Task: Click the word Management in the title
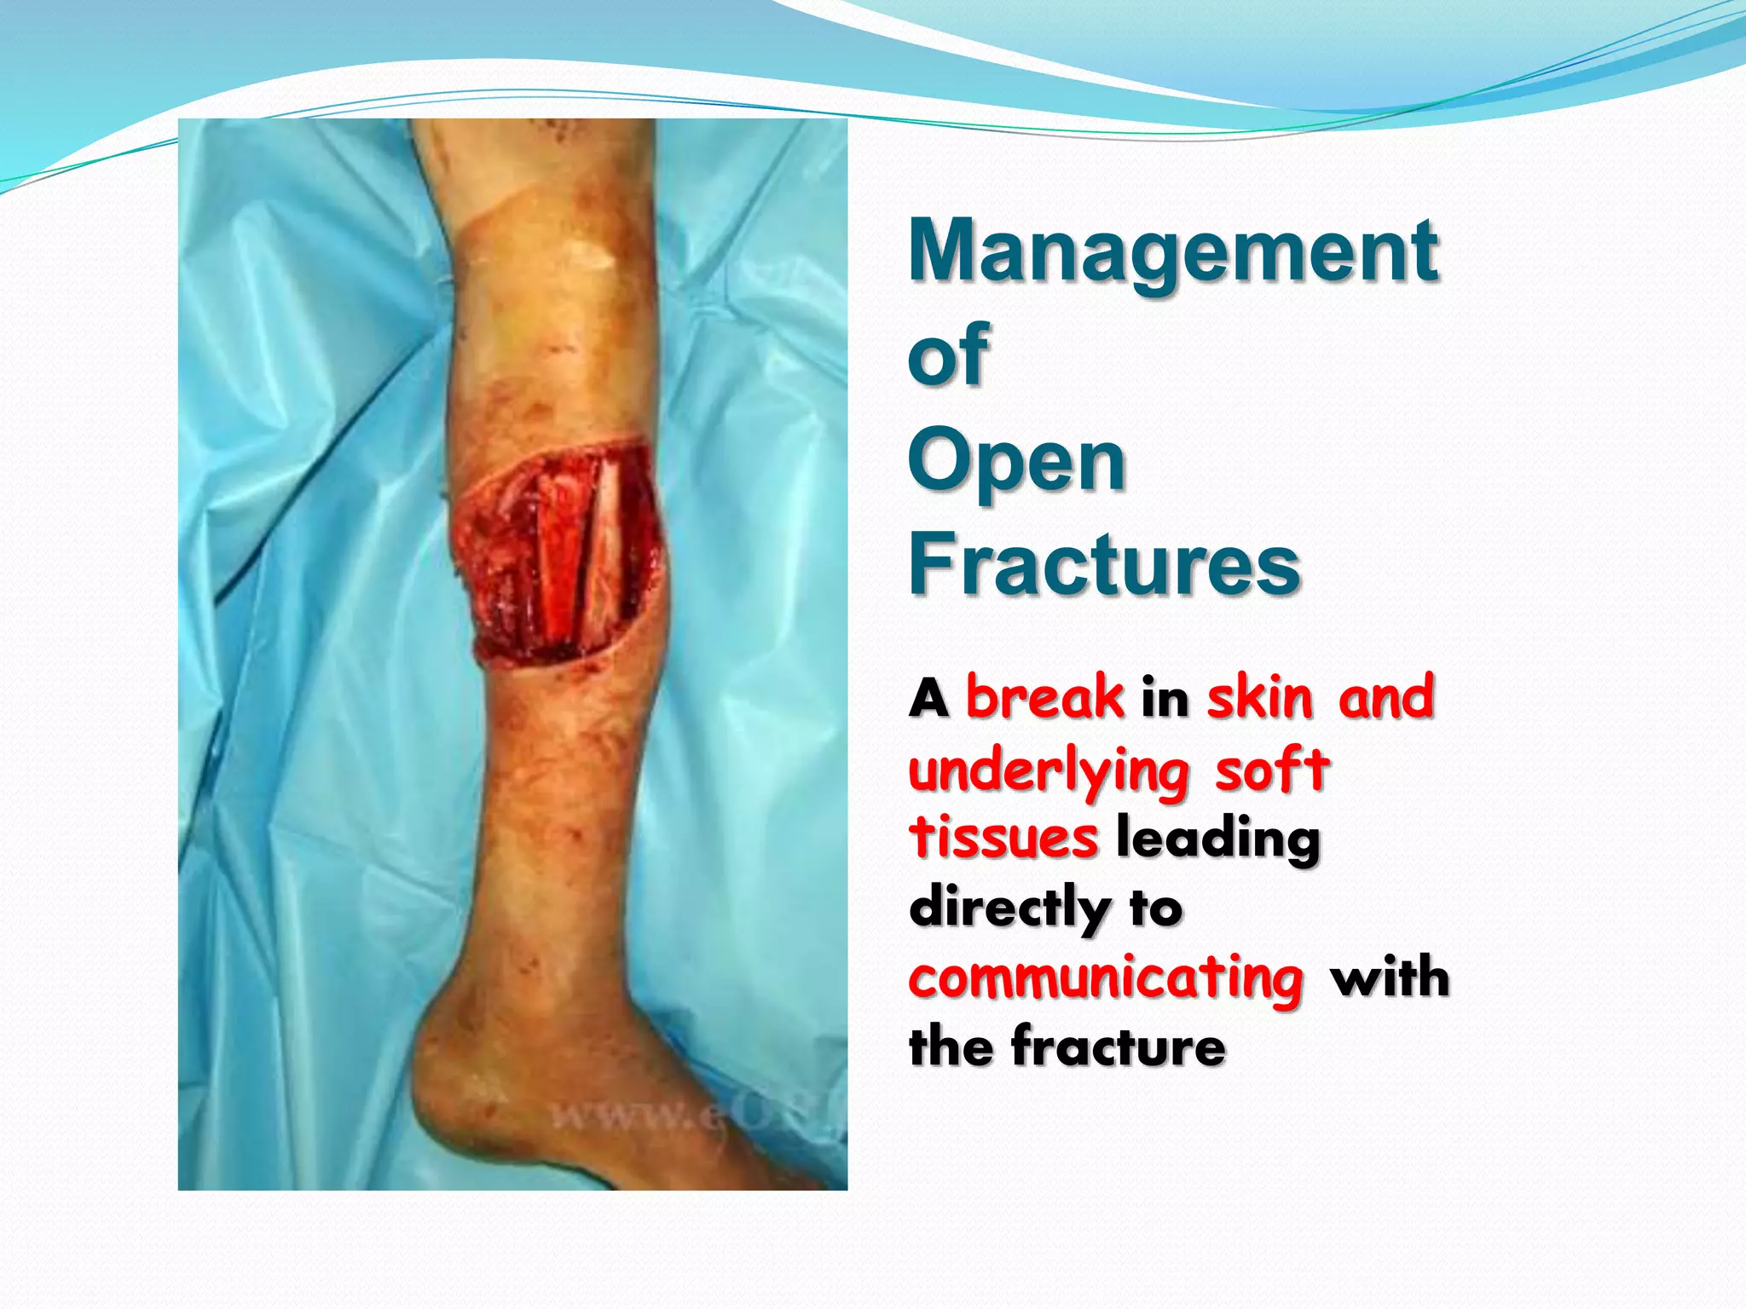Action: point(1173,251)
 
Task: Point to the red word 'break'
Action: point(1044,698)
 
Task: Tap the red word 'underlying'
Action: point(1049,772)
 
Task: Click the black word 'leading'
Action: point(1217,840)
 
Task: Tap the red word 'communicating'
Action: point(1106,979)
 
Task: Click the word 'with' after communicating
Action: point(1390,977)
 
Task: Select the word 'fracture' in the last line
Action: point(1118,1047)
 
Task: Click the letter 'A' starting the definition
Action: point(928,700)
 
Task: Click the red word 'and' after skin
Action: point(1386,698)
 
